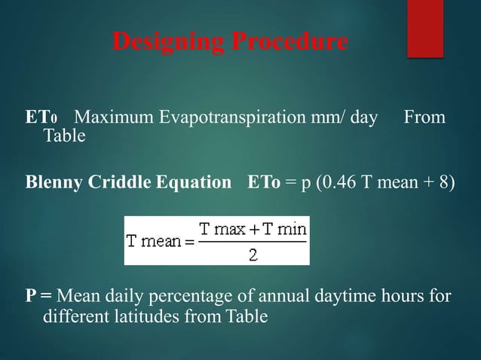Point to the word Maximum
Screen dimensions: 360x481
point(112,119)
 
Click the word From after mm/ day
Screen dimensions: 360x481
point(424,119)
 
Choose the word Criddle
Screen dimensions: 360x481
point(112,184)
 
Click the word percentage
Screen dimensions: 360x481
point(204,294)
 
